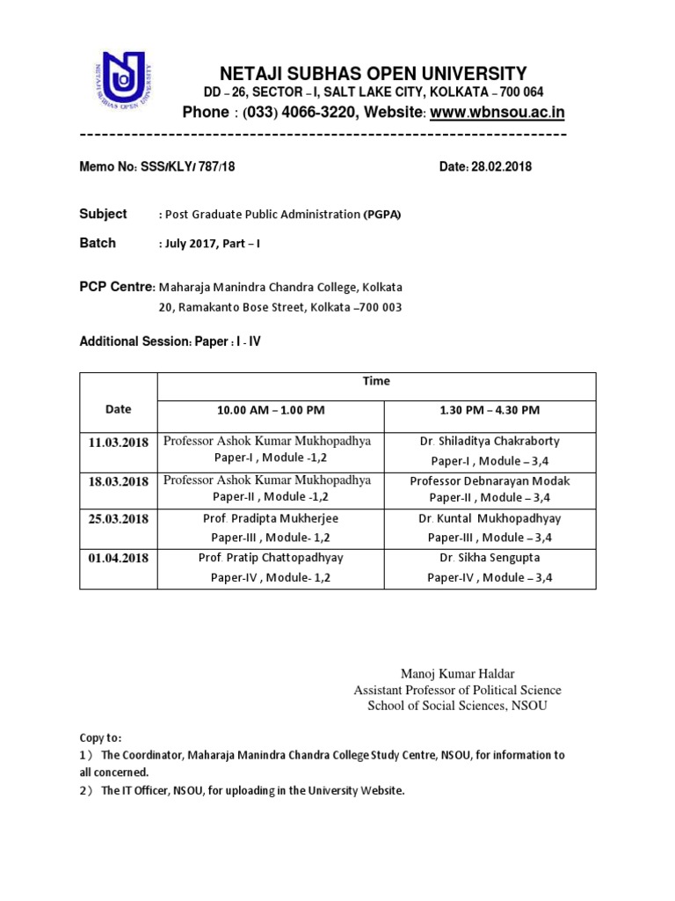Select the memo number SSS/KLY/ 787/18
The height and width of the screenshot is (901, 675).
pyautogui.click(x=187, y=166)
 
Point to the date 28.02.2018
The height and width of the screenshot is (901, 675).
pyautogui.click(x=501, y=166)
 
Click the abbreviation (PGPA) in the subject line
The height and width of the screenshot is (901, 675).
pyautogui.click(x=382, y=215)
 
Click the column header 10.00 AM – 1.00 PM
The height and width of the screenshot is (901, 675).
pyautogui.click(x=270, y=410)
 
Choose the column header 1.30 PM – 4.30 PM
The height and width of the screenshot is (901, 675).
pyautogui.click(x=490, y=410)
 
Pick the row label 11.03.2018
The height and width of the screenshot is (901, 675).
pyautogui.click(x=118, y=442)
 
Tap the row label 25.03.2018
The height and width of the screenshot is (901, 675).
pyautogui.click(x=118, y=519)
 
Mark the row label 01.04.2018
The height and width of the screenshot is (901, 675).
pyautogui.click(x=118, y=558)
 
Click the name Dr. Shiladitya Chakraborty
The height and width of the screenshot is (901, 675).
pyautogui.click(x=490, y=442)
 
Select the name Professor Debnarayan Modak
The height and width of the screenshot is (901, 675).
pyautogui.click(x=490, y=480)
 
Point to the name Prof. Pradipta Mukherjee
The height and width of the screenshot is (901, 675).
pyautogui.click(x=270, y=519)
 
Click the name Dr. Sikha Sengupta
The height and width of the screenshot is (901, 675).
pyautogui.click(x=490, y=558)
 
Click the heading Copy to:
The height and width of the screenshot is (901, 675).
pyautogui.click(x=101, y=738)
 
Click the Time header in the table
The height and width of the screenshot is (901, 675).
pyautogui.click(x=376, y=382)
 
